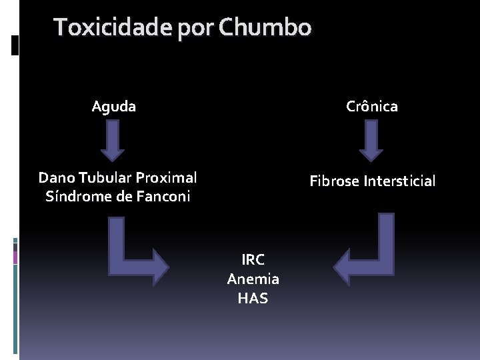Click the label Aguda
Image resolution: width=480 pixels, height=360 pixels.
pyautogui.click(x=114, y=106)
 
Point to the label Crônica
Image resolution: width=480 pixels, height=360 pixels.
pyautogui.click(x=372, y=106)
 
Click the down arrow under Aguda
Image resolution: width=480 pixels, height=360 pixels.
pyautogui.click(x=113, y=141)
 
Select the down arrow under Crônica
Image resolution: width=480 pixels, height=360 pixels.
pyautogui.click(x=371, y=141)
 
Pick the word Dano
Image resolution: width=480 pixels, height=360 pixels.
pyautogui.click(x=56, y=178)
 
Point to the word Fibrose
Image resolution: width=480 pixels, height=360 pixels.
pyautogui.click(x=333, y=181)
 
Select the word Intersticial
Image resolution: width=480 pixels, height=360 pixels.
pyautogui.click(x=399, y=181)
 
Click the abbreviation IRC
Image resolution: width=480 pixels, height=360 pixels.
pyautogui.click(x=253, y=259)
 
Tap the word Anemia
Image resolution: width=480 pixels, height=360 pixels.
pyautogui.click(x=253, y=279)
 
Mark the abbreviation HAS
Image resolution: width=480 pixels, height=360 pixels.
pyautogui.click(x=253, y=298)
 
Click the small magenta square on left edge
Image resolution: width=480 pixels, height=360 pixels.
pyautogui.click(x=16, y=257)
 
